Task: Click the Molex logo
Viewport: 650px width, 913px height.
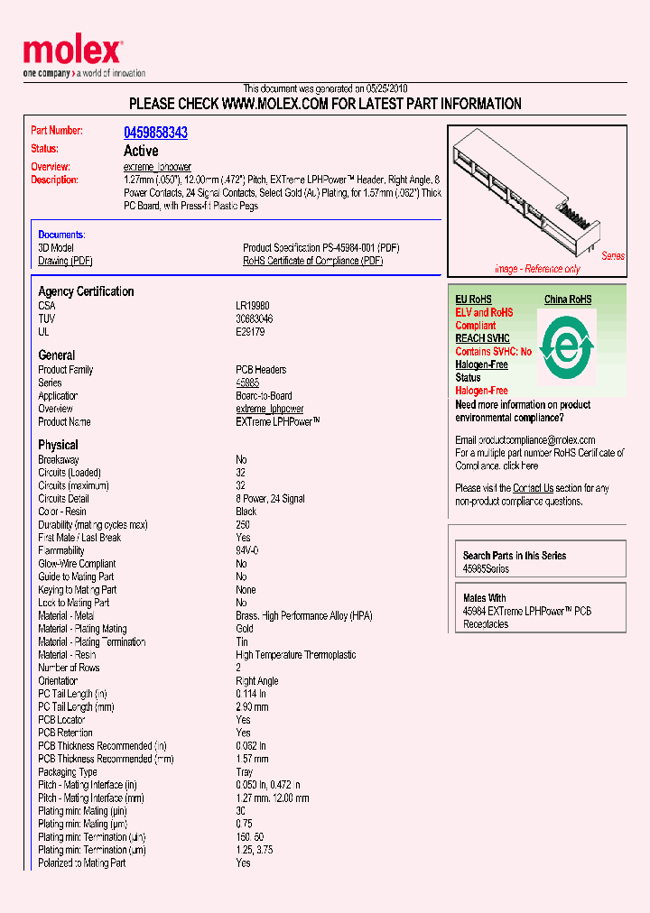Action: pyautogui.click(x=72, y=52)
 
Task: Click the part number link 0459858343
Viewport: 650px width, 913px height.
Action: pyautogui.click(x=155, y=133)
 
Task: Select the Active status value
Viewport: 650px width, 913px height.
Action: pyautogui.click(x=141, y=151)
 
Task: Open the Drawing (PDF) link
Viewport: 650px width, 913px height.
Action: pyautogui.click(x=65, y=261)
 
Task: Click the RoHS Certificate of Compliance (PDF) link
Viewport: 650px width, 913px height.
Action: pyautogui.click(x=312, y=261)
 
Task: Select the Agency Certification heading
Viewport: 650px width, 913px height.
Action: pyautogui.click(x=86, y=291)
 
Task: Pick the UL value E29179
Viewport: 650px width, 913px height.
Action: pyautogui.click(x=251, y=332)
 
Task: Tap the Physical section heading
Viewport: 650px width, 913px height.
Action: pyautogui.click(x=58, y=445)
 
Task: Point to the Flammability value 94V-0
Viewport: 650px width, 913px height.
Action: pyautogui.click(x=247, y=550)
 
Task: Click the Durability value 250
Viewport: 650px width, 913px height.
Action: pyautogui.click(x=243, y=524)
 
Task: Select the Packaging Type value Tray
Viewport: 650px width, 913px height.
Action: pyautogui.click(x=245, y=772)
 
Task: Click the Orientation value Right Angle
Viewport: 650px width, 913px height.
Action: pyautogui.click(x=257, y=681)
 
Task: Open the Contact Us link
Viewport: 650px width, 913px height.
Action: pyautogui.click(x=533, y=488)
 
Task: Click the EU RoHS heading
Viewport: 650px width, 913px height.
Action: pyautogui.click(x=473, y=300)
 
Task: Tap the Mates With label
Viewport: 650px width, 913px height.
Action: pyautogui.click(x=484, y=598)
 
